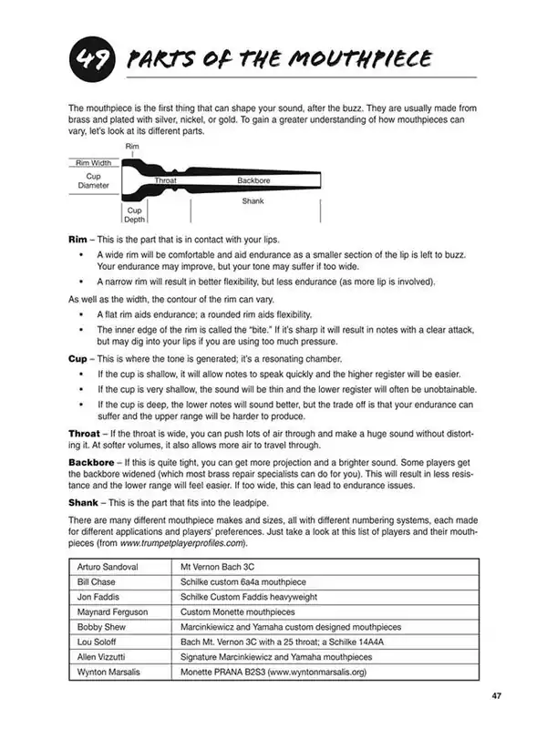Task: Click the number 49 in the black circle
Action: pos(89,60)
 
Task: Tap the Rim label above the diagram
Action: pos(131,146)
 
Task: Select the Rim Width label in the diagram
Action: pos(93,163)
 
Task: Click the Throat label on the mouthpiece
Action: pos(165,181)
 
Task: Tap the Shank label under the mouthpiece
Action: pos(253,201)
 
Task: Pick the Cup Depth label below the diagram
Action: pos(134,214)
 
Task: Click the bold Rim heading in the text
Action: pos(78,239)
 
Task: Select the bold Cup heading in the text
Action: pos(79,359)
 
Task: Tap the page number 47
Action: pos(496,696)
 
